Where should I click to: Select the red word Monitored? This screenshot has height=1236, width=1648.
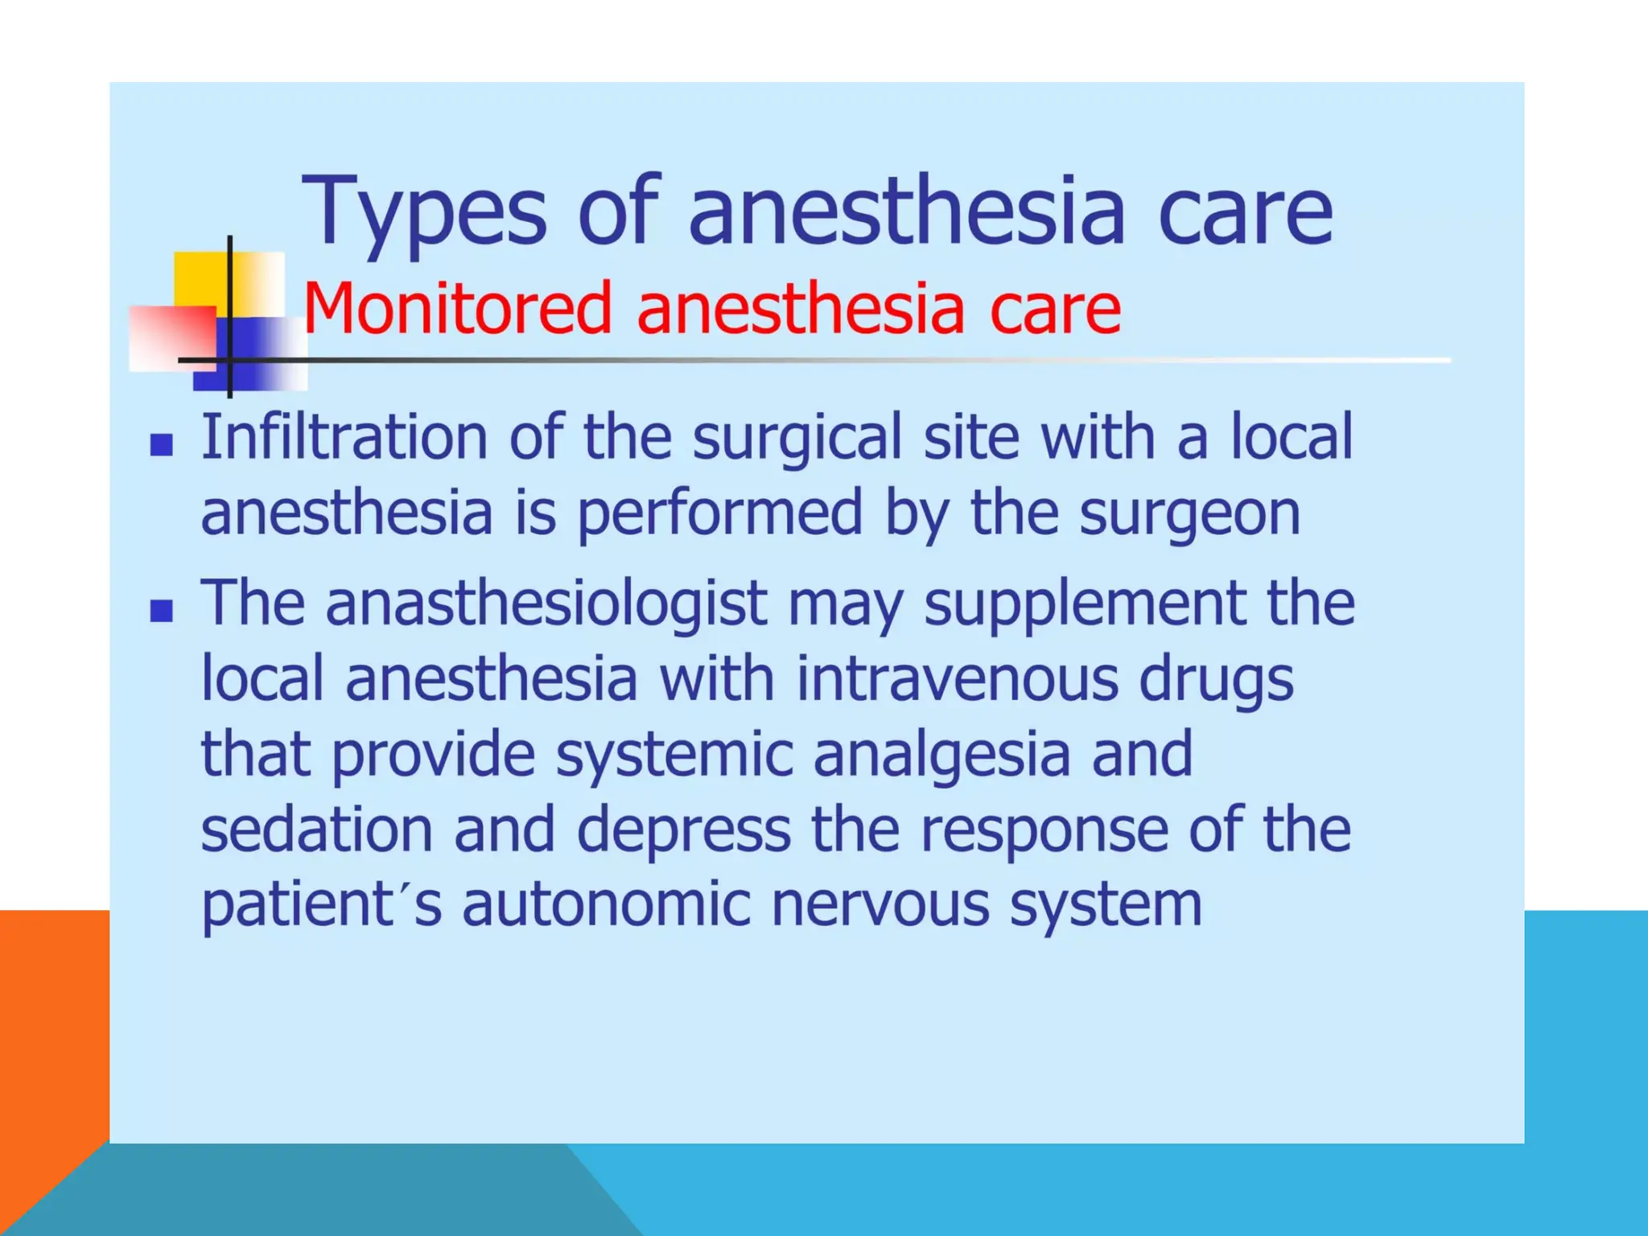(x=456, y=308)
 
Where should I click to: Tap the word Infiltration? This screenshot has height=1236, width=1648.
(x=344, y=437)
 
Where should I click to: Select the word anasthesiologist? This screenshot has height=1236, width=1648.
(x=546, y=604)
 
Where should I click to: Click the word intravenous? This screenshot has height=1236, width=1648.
(x=957, y=678)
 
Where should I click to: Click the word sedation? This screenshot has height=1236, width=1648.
(x=317, y=830)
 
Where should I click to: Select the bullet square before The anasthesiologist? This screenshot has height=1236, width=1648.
(x=162, y=612)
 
